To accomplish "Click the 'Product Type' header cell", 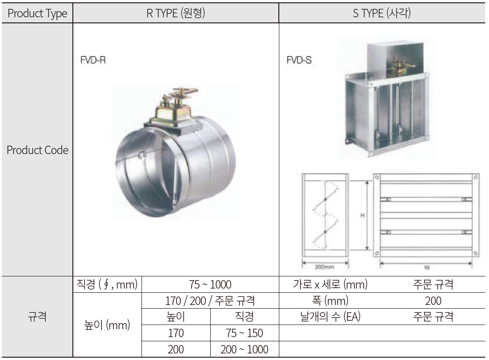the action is point(37,14).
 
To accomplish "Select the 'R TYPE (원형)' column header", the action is point(176,13).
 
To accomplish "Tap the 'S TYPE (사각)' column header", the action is point(382,13).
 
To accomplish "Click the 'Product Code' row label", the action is point(37,150).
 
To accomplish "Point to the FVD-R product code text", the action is point(93,60).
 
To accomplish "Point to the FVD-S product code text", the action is point(299,60).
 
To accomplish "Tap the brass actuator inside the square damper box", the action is point(397,67).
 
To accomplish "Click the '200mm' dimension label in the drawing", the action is point(324,267).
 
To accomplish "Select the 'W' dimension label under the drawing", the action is point(426,268).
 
